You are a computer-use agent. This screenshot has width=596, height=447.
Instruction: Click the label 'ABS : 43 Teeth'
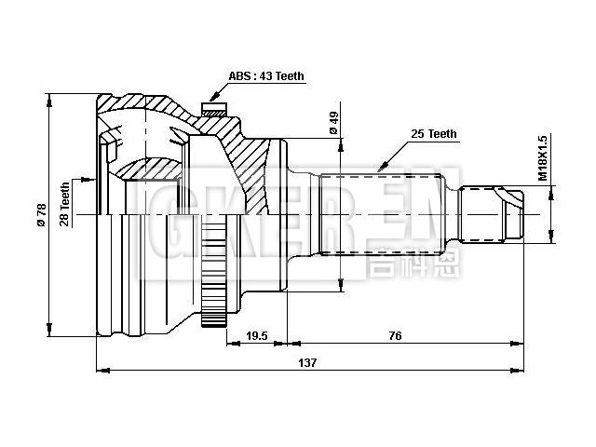pos(266,76)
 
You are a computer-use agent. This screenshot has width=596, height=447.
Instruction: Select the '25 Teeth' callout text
pos(433,134)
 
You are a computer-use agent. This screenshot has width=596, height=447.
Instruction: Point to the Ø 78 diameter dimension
pos(40,214)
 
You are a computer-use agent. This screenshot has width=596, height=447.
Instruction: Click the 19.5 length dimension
pos(257,335)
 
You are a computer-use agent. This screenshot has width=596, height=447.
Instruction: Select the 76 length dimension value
pos(395,335)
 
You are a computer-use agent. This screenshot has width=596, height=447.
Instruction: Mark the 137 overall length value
pos(307,363)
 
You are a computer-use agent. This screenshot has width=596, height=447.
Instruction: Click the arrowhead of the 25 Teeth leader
pos(377,169)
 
